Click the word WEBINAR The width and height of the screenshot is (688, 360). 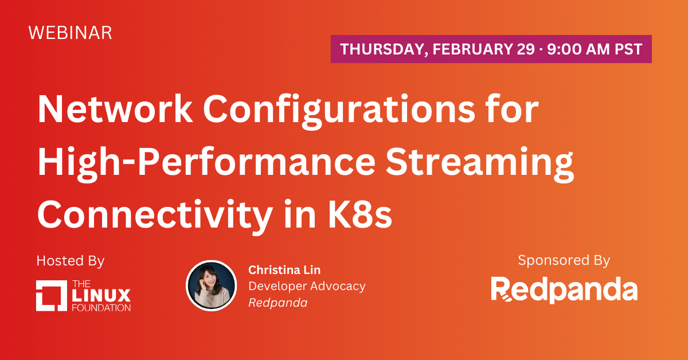pos(71,33)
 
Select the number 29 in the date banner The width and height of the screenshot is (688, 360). pos(526,49)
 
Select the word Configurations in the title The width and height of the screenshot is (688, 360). pos(339,112)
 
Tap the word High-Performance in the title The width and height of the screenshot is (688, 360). pos(206,165)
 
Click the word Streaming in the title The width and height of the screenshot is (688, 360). pos(479,165)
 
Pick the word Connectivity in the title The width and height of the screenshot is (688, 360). pos(155,216)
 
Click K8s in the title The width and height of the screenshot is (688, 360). pos(360,214)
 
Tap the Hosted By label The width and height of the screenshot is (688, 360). pos(71,261)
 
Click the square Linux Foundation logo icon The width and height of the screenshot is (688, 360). pos(51,295)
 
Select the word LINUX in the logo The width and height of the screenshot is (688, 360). pos(101,295)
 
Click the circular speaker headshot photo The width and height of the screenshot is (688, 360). pos(212,285)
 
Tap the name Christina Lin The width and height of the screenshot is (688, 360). pos(284,270)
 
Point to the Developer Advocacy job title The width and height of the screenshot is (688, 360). pos(307,287)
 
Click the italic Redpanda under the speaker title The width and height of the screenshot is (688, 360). pos(278,303)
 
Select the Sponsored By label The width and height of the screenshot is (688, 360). pos(564,260)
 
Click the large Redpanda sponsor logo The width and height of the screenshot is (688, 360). pos(564,289)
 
